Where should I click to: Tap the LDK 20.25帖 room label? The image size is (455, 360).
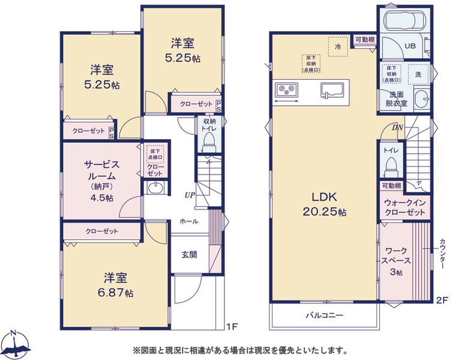324,205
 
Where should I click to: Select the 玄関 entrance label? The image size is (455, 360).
189,254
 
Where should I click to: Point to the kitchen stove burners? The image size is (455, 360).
286,89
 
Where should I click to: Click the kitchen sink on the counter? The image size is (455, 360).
332,89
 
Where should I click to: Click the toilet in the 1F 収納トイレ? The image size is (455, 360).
209,142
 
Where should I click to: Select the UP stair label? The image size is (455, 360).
190,195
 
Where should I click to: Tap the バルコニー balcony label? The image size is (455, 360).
324,316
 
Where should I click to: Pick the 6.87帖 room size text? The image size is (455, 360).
115,293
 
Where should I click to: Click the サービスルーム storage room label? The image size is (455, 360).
101,170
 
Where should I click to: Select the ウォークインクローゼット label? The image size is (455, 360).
405,208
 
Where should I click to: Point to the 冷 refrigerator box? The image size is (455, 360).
338,46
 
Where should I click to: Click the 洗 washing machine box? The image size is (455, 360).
418,74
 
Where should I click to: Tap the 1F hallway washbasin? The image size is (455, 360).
156,188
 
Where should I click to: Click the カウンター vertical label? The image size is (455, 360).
442,253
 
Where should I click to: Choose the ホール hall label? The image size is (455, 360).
189,221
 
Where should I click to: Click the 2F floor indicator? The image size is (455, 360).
442,300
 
